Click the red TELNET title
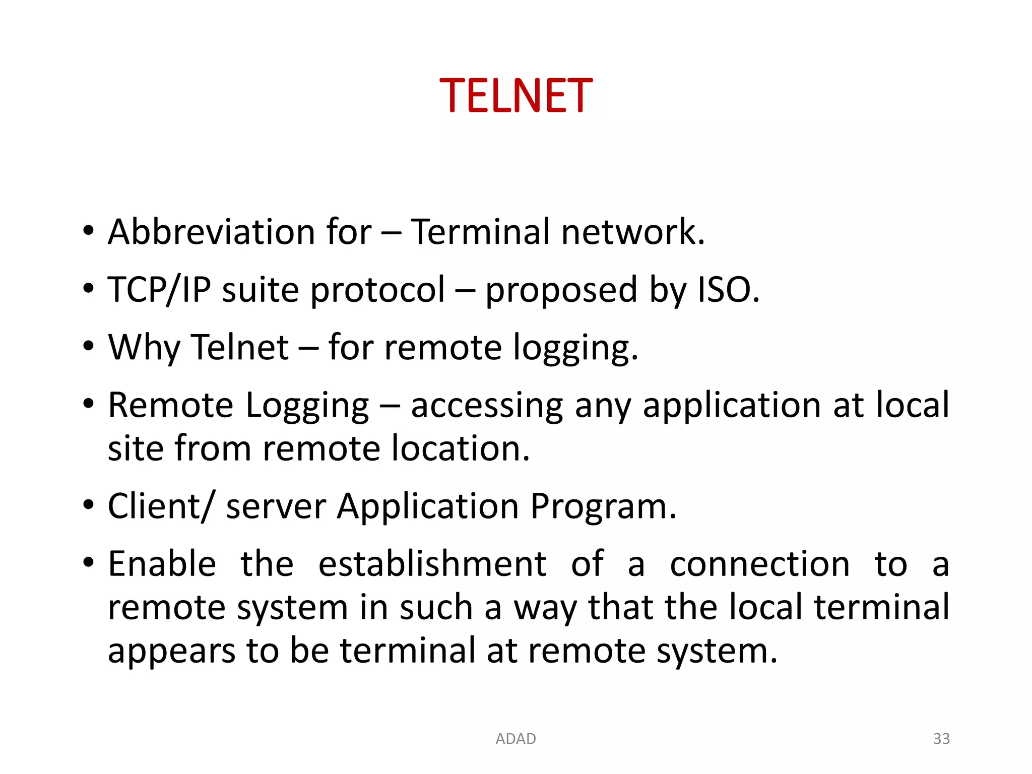516,95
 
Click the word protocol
378,291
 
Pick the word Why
144,348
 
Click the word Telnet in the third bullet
240,347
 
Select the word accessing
487,406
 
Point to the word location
461,448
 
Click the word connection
759,564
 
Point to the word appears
171,651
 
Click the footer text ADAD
515,739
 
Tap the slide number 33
941,739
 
